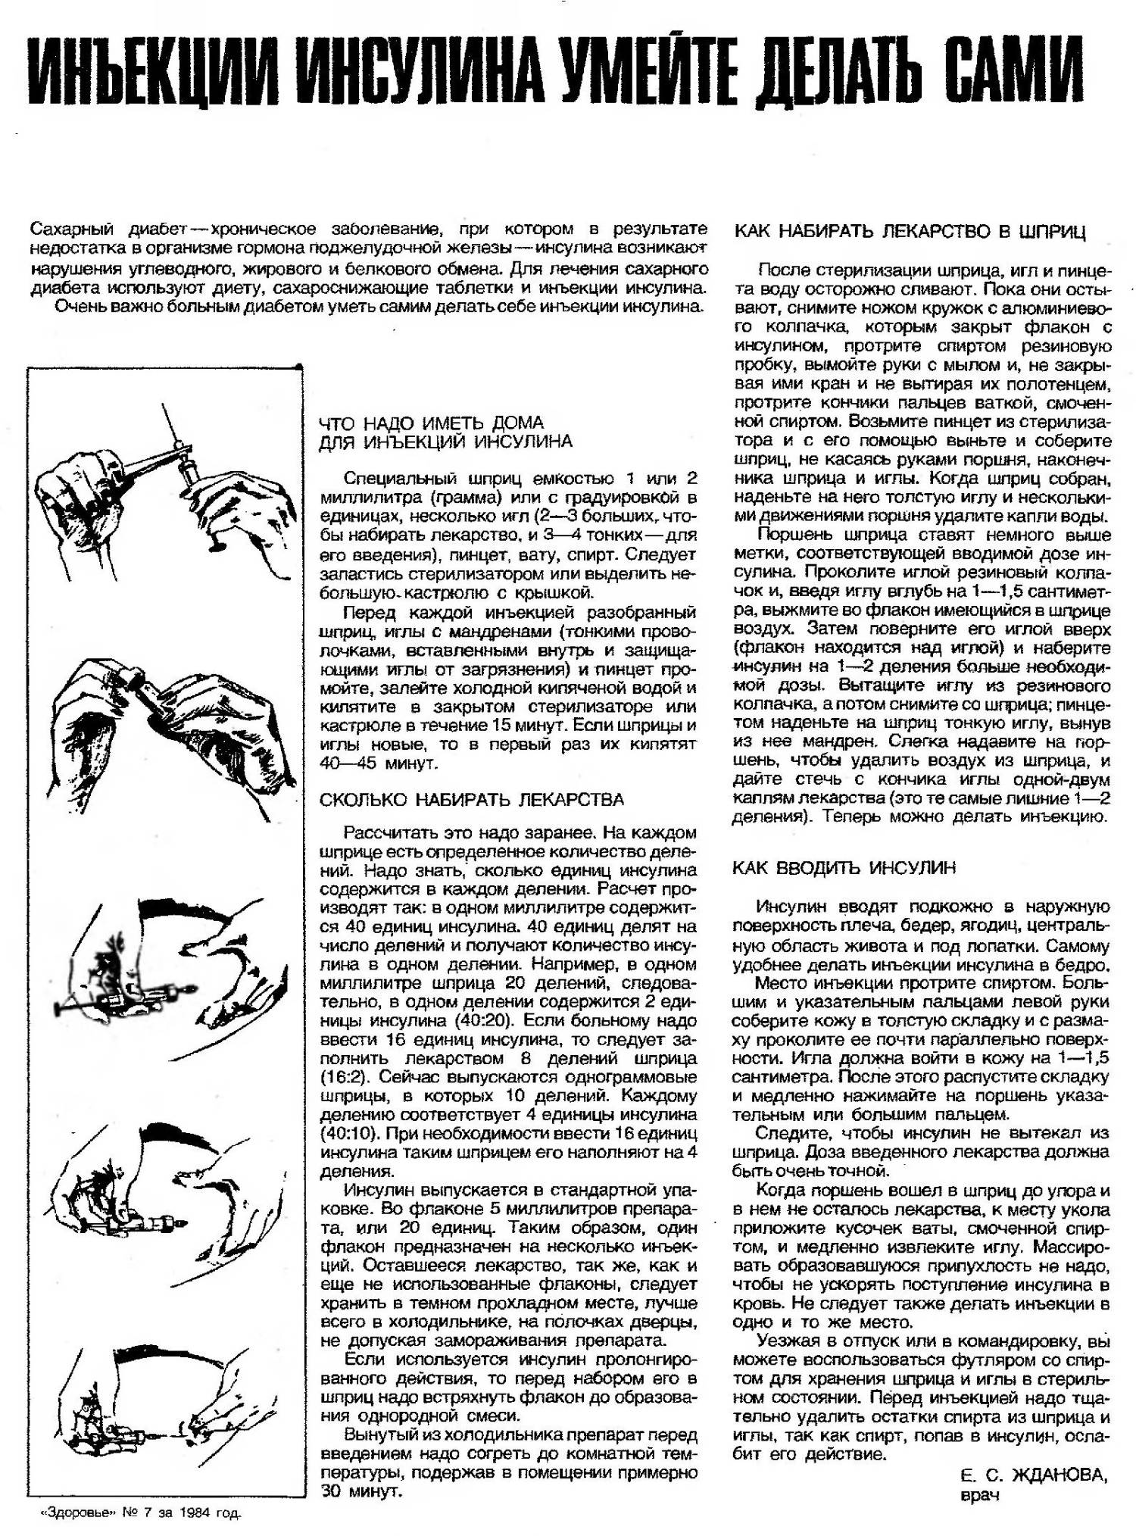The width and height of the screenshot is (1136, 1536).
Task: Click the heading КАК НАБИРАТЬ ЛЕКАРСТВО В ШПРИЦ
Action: [910, 231]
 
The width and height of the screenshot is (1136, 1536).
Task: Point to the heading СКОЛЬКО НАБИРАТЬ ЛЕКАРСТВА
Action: [472, 800]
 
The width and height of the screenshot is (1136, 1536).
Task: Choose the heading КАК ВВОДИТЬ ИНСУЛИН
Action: [844, 868]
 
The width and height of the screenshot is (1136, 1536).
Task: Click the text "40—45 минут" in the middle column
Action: [379, 763]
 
